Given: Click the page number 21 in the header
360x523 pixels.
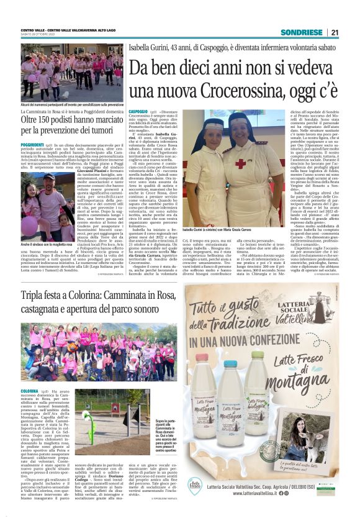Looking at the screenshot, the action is pyautogui.click(x=335, y=32).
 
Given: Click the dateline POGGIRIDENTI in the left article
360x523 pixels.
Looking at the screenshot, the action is pyautogui.click(x=32, y=143).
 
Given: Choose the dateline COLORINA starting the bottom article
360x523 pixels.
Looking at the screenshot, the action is pyautogui.click(x=30, y=391).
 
